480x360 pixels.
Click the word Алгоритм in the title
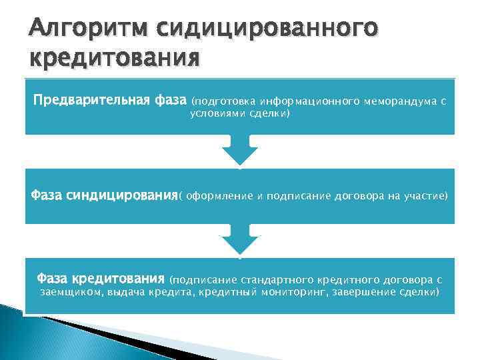pyautogui.click(x=79, y=29)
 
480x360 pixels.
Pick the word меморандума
pyautogui.click(x=398, y=102)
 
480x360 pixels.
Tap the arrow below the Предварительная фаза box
pyautogui.click(x=239, y=153)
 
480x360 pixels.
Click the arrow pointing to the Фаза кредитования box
pyautogui.click(x=239, y=241)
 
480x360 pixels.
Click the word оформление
pyautogui.click(x=220, y=196)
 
